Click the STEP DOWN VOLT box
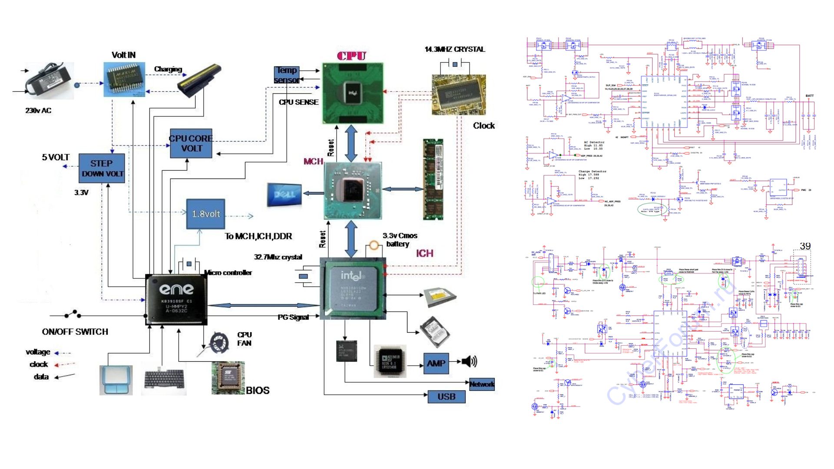click(102, 168)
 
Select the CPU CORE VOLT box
click(191, 143)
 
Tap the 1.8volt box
click(205, 214)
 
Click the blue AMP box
click(436, 363)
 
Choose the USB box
click(446, 396)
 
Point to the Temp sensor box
click(286, 75)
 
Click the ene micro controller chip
click(176, 300)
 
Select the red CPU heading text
click(351, 56)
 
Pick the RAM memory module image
click(433, 179)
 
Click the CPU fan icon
click(219, 342)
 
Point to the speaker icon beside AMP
click(469, 361)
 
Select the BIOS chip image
click(228, 377)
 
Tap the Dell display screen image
click(284, 194)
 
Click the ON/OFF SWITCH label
click(75, 332)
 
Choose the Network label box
click(482, 384)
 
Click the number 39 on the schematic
click(805, 246)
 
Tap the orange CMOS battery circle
click(374, 246)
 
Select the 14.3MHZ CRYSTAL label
click(454, 50)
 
